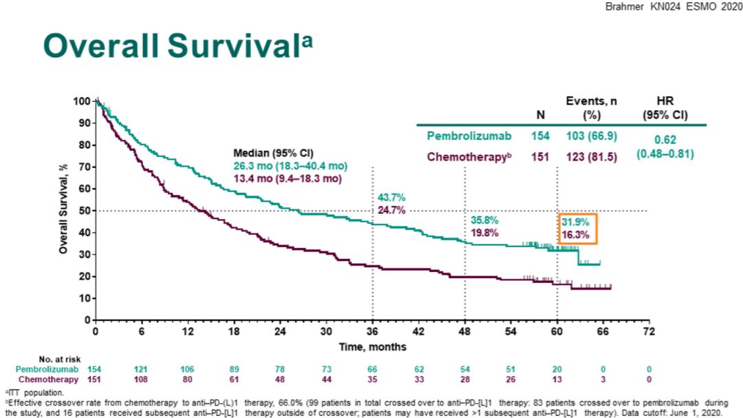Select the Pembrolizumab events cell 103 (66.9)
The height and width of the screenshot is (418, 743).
tap(591, 136)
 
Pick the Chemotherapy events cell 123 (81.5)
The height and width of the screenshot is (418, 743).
tap(591, 157)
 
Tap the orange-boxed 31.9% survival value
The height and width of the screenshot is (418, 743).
tap(577, 222)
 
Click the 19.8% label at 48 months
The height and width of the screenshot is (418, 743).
tap(484, 233)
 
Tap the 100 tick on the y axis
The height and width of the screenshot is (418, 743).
tap(80, 101)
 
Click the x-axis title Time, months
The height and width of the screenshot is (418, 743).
tap(372, 346)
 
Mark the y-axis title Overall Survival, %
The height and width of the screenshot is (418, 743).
tap(63, 209)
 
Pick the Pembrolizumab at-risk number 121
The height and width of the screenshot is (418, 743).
tap(142, 369)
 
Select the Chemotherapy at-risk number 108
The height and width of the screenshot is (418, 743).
tap(142, 379)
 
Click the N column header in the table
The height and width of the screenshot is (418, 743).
tap(540, 115)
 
